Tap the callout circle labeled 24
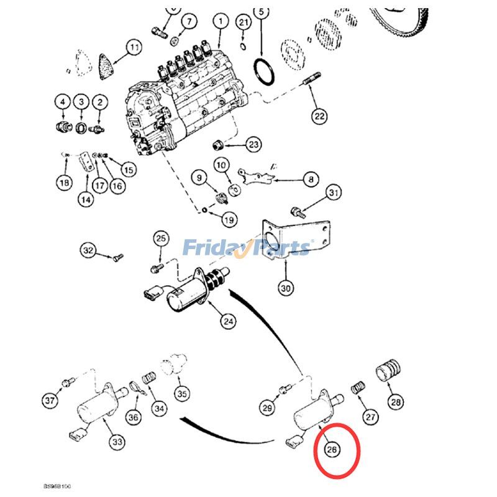[x=229, y=321]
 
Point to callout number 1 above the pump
[x=220, y=22]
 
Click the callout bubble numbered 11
[x=133, y=47]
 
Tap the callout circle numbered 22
[x=319, y=116]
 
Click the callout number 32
[x=89, y=250]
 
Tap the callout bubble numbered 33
[x=117, y=442]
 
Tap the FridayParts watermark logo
[x=247, y=248]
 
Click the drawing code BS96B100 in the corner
[x=57, y=486]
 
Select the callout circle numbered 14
[x=85, y=199]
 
